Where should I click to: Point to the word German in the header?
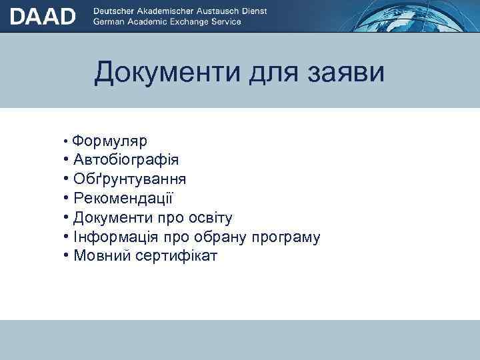pos(110,22)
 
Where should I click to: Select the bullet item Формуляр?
pos(110,141)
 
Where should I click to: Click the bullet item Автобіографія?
pos(126,160)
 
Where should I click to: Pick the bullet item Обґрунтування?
pos(130,179)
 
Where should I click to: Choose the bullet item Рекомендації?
pos(125,198)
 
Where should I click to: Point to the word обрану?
pos(219,237)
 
